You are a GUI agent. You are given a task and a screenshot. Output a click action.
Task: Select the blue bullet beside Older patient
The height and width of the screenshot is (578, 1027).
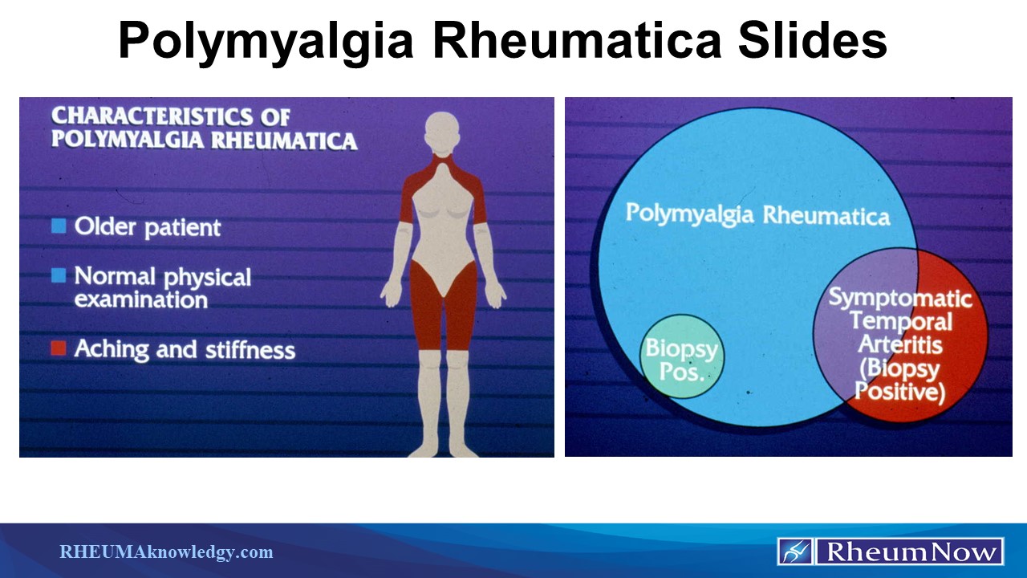59,226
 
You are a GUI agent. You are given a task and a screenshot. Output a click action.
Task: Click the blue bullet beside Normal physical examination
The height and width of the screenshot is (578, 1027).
59,276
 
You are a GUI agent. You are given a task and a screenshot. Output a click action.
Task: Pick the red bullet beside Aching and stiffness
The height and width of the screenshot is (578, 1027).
59,349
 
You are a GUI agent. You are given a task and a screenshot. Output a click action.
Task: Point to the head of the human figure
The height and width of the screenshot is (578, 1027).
444,132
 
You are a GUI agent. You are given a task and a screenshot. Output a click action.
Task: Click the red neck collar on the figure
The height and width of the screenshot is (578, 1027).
444,166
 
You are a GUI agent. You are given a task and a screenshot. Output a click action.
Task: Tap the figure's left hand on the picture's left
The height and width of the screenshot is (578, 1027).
391,292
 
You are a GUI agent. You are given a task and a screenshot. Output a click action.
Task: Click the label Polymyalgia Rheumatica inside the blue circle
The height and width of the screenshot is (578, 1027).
757,215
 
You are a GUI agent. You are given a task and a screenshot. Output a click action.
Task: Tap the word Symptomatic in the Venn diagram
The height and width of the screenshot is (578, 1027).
899,299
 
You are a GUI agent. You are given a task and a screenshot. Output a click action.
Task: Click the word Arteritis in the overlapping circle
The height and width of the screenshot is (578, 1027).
899,344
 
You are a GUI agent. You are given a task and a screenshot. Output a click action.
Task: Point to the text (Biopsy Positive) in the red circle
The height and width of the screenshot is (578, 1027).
899,381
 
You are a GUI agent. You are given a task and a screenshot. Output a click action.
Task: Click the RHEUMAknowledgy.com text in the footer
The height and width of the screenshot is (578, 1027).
166,552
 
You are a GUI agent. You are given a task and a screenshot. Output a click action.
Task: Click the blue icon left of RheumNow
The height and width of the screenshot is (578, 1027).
794,552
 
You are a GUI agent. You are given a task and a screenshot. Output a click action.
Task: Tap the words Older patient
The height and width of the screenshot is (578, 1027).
147,227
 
